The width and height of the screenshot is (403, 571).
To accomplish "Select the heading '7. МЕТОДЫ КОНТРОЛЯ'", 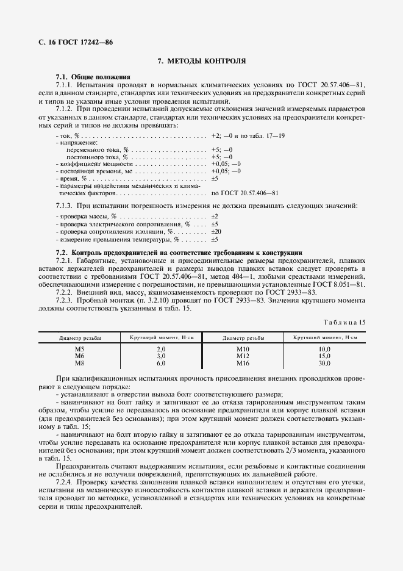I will [202, 61].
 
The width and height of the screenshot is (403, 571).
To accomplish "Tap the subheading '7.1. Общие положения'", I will [93, 77].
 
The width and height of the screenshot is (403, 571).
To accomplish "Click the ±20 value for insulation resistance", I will [216, 232].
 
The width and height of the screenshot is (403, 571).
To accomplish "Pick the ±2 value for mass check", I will [215, 217].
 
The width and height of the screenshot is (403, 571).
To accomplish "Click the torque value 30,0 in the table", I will [324, 363].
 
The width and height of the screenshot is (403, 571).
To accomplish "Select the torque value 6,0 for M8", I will [161, 363].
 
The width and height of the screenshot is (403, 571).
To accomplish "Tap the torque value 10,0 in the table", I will [324, 348].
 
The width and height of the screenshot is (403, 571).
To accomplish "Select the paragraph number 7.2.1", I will [65, 260].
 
